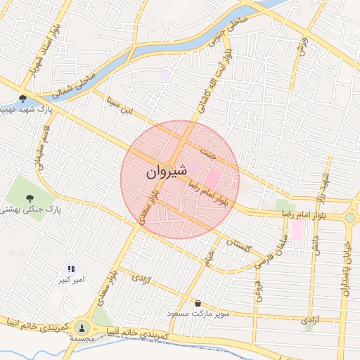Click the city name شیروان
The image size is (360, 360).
pos(167,171)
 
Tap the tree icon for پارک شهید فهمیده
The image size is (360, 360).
pos(23,99)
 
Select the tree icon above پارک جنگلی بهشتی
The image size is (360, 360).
pos(30,198)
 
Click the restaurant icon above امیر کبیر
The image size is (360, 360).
pos(70,269)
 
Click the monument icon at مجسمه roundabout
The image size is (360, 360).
pos(82,327)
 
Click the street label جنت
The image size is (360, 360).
pos(205,150)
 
